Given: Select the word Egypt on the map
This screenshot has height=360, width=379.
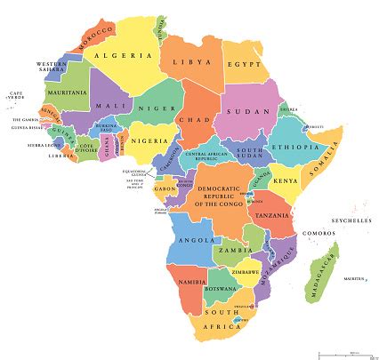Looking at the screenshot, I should click(246, 66).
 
